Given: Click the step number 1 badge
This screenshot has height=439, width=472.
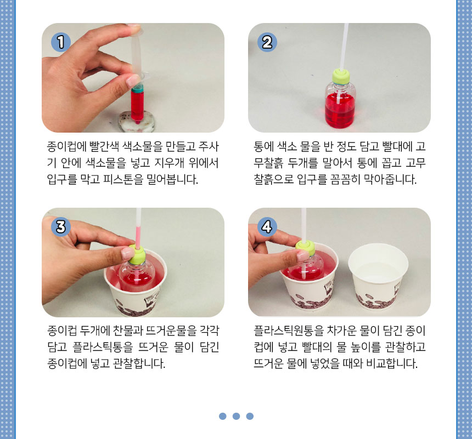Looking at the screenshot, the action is pos(61,42).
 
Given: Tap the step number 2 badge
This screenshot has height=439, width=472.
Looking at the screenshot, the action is pos(267,42).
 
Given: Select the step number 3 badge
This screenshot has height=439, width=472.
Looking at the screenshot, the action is pos(61,227).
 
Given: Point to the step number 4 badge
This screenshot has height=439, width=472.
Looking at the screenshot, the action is pos(267,227).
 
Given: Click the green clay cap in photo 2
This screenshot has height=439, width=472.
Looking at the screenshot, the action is pos(341,76).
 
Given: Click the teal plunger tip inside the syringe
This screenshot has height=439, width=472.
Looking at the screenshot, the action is pos(138,88).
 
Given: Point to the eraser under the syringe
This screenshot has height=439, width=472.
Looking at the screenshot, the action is pos(137,121).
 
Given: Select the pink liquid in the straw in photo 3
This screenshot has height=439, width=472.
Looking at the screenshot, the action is pos(138,237).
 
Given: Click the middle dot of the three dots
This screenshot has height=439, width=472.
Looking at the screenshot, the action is pos(237,416).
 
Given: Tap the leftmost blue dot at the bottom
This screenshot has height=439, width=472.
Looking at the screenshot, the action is pos(223,416).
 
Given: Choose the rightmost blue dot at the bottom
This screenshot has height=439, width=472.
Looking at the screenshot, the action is pos(250,416).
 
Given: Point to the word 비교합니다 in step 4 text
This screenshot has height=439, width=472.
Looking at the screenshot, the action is pos(391,363).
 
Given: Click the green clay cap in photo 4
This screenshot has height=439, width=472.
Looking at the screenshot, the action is pos(305,248).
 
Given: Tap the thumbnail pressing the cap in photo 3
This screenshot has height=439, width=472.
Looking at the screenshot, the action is pos(128,253).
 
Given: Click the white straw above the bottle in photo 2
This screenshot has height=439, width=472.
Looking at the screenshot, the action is pos(344,47).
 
